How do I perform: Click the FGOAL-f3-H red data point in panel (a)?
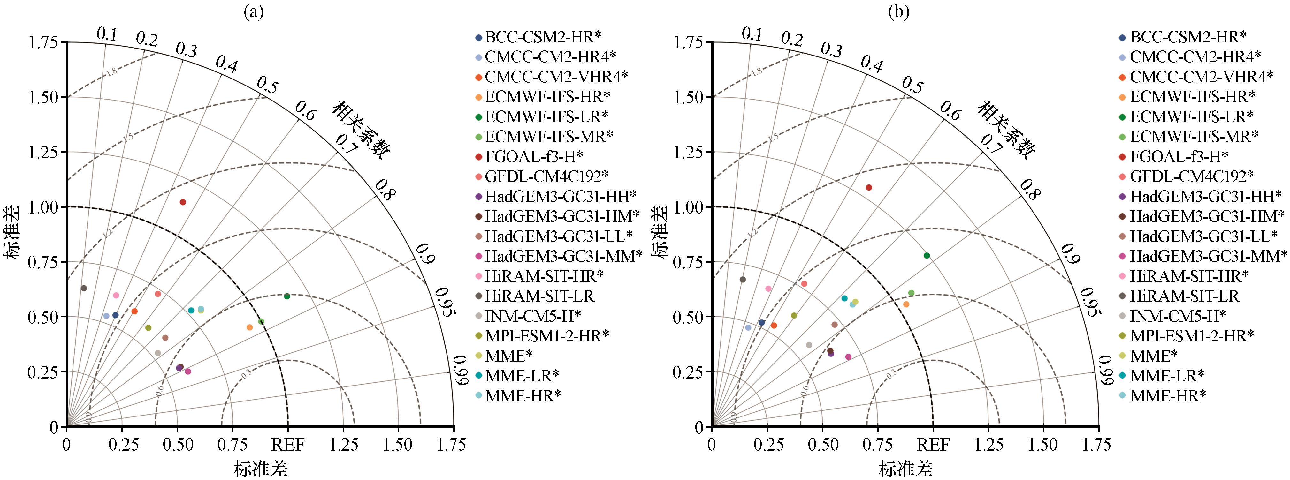pos(183,202)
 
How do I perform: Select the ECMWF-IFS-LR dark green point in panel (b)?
pos(927,256)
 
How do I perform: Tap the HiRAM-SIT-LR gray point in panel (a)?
pos(84,288)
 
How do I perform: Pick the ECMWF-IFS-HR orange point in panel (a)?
pos(250,327)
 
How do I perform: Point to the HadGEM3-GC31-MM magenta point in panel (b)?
pos(848,357)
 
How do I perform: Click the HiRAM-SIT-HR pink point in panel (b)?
pos(768,289)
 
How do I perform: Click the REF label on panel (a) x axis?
pos(288,445)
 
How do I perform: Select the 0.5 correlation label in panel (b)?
pos(912,86)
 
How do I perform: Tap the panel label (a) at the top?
pos(253,11)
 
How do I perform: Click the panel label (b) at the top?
pos(898,11)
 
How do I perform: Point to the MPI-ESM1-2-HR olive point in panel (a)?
pos(148,328)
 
